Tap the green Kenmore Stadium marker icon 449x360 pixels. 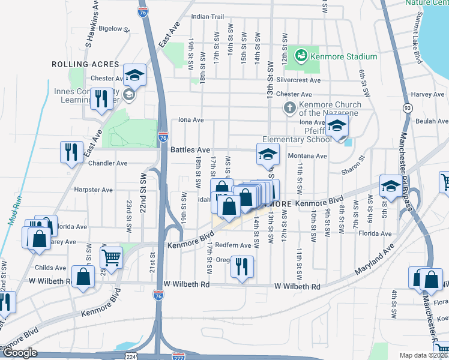[x=301, y=56]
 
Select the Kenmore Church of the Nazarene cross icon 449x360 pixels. [x=289, y=108]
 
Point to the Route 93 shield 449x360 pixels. [x=408, y=108]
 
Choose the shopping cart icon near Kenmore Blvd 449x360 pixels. [x=111, y=257]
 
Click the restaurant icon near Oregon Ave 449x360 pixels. [x=242, y=267]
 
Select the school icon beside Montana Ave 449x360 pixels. [x=268, y=154]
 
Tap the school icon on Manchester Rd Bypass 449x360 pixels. [x=391, y=186]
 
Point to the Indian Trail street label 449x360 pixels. [x=207, y=17]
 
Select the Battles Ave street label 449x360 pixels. [x=190, y=150]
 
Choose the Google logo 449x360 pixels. [x=20, y=353]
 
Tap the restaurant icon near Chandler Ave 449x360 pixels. [x=71, y=152]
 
